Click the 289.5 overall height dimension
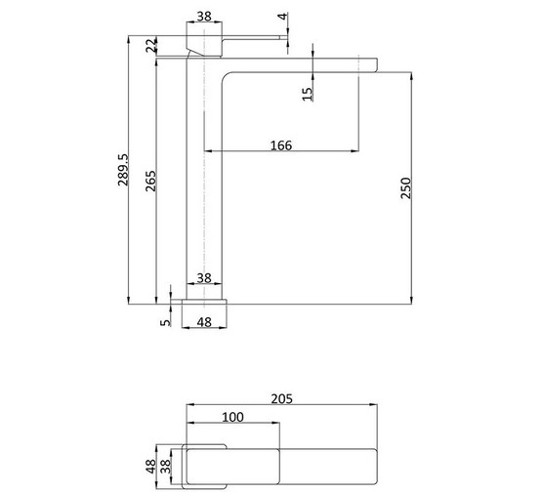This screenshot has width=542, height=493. tap(123, 170)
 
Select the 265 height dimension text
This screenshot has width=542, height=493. tap(150, 181)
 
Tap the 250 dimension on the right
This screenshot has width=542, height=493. tap(406, 188)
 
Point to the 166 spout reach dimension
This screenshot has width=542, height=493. tap(281, 145)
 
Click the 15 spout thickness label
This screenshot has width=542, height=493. tap(307, 94)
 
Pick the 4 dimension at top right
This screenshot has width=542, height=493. tap(283, 17)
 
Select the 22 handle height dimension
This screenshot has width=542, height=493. tap(150, 45)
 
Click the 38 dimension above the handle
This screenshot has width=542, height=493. tap(204, 17)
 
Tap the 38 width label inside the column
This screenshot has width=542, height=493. tap(204, 278)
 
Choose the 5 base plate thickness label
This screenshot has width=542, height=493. tap(166, 322)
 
